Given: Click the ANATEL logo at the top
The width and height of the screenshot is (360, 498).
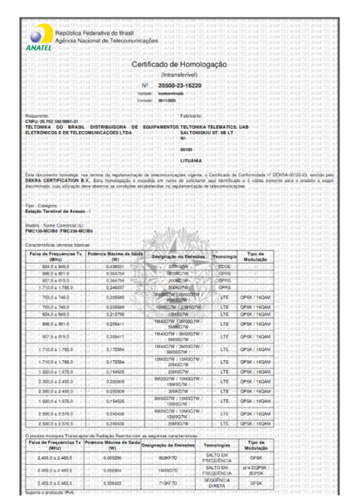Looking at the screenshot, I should pos(35,38).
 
